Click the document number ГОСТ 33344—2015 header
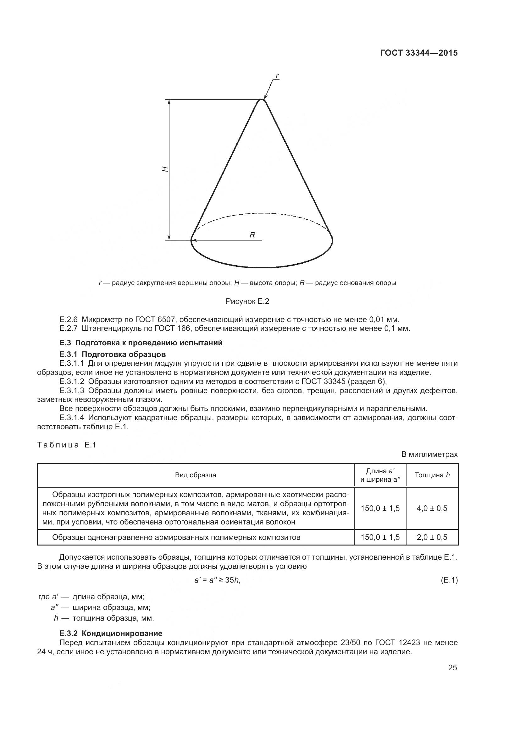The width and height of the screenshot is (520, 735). tap(419, 53)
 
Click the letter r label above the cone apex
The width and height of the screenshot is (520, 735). tap(277, 76)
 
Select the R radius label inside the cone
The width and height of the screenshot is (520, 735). tap(252, 235)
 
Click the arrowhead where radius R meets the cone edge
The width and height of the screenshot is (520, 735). tap(193, 239)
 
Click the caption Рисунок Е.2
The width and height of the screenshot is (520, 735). tap(247, 301)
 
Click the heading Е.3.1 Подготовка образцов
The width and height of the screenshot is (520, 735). tap(113, 354)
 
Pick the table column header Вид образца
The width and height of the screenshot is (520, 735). tap(195, 475)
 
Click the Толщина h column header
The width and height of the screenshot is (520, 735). tap(432, 475)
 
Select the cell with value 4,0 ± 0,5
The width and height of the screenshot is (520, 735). tap(432, 508)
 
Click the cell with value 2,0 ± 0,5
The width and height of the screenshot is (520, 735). tap(432, 537)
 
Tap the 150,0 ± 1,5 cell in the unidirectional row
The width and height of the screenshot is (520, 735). tap(380, 537)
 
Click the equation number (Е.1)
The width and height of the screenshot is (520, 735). tap(449, 580)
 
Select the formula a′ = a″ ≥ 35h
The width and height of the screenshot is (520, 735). tap(218, 580)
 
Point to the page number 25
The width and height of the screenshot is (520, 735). tap(452, 667)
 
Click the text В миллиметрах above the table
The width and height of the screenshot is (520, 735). tap(429, 454)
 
